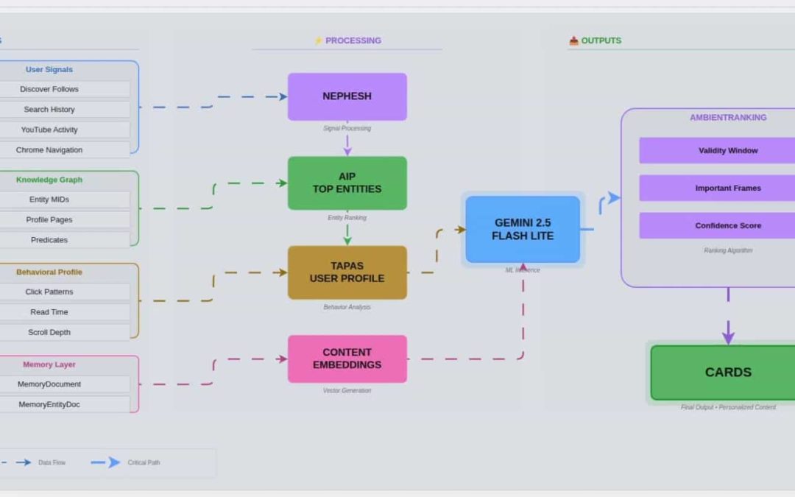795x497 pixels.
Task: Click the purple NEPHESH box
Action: [x=347, y=96]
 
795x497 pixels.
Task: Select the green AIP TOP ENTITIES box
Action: [x=347, y=183]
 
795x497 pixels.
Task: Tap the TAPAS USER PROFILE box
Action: [x=347, y=272]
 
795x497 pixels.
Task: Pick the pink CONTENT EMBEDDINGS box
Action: [x=347, y=359]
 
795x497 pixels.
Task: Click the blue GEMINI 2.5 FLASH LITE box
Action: [x=523, y=229]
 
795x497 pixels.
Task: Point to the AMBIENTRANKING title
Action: [x=727, y=118]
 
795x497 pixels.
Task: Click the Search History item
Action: [x=49, y=110]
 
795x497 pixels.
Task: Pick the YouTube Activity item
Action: [x=49, y=130]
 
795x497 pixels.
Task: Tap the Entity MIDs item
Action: [x=49, y=200]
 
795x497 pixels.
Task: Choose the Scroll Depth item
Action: [x=49, y=332]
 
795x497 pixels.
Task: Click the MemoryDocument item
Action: [x=49, y=384]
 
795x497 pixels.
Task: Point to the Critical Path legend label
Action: [x=144, y=462]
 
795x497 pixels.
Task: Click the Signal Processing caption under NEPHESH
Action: [x=347, y=128]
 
